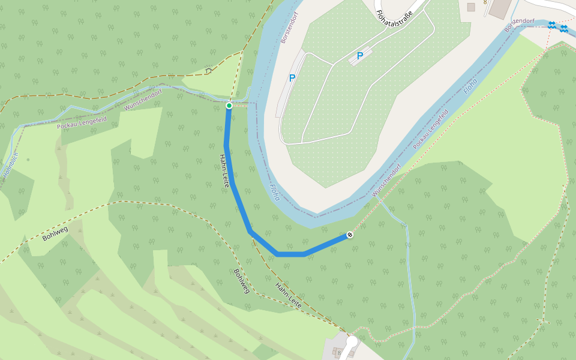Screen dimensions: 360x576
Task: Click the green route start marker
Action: pos(229,106)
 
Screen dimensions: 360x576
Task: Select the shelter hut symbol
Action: pos(209,70)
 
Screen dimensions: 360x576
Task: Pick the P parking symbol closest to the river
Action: pos(292,78)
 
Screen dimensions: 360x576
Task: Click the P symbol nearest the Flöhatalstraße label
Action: pos(360,56)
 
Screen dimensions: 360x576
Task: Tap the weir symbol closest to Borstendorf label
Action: pos(551,25)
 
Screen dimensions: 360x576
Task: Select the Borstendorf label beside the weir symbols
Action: pos(520,25)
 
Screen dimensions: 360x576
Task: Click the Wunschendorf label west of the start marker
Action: pos(143,100)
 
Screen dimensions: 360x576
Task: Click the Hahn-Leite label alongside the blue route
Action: pos(224,171)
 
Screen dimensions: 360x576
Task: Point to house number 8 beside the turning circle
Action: pos(340,353)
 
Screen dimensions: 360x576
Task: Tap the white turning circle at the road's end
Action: pos(352,341)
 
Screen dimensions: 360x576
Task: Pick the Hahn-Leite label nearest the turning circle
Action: pos(288,296)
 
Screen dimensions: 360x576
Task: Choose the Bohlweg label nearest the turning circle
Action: pos(241,281)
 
